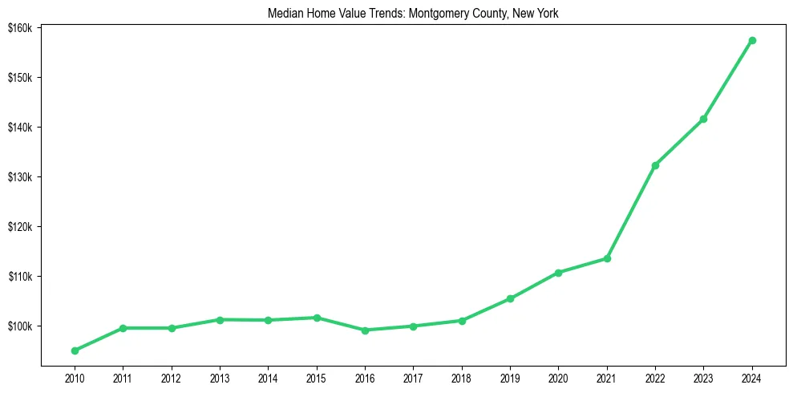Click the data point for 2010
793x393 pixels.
(75, 350)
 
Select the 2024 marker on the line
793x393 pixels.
(752, 40)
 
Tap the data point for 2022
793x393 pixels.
(655, 165)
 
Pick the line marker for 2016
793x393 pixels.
(365, 330)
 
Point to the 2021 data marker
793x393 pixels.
(607, 258)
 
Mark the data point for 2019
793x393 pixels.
(510, 298)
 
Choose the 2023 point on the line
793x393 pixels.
(703, 119)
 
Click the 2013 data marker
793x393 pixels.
(220, 319)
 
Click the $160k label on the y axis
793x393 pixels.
(19, 28)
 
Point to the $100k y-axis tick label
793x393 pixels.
(19, 326)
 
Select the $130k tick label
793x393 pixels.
(19, 177)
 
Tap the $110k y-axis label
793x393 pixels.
(19, 277)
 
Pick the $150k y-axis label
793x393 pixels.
(19, 78)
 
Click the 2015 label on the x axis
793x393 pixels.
(317, 378)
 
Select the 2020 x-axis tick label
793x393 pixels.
(558, 378)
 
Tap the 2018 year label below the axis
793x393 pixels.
(462, 378)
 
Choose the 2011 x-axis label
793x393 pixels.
(123, 378)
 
